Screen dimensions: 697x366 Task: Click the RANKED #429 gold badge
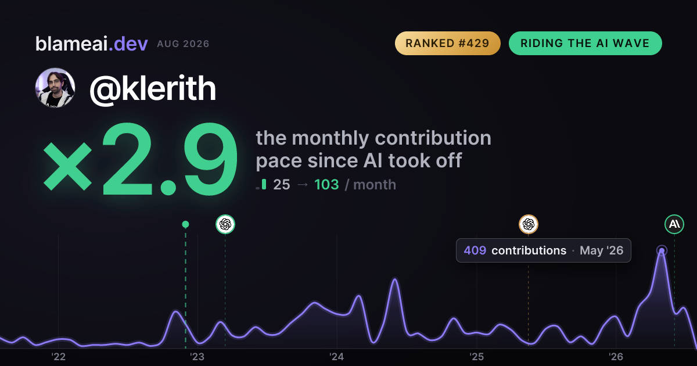click(447, 43)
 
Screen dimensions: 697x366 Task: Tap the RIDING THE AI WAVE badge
click(585, 43)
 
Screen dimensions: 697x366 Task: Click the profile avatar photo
click(55, 88)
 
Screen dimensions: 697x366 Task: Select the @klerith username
click(153, 89)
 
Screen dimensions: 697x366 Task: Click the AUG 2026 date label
click(184, 44)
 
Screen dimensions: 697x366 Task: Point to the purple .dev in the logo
click(128, 44)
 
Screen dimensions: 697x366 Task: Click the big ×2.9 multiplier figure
click(140, 159)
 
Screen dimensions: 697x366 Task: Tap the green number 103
click(326, 185)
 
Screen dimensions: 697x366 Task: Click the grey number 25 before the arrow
click(282, 185)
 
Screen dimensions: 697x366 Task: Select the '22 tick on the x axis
click(59, 357)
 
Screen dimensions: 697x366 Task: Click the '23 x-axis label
click(197, 357)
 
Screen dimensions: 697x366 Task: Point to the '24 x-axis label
click(337, 357)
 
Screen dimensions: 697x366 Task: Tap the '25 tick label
click(476, 357)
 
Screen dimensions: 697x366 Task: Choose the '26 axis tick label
click(616, 357)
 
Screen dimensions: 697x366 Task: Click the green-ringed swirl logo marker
click(225, 224)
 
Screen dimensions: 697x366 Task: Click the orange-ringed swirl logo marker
click(529, 224)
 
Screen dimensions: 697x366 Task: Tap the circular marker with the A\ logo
click(674, 224)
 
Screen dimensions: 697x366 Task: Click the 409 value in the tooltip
click(475, 250)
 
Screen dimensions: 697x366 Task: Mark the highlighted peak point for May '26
click(662, 251)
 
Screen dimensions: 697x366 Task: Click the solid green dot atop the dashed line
click(185, 224)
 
